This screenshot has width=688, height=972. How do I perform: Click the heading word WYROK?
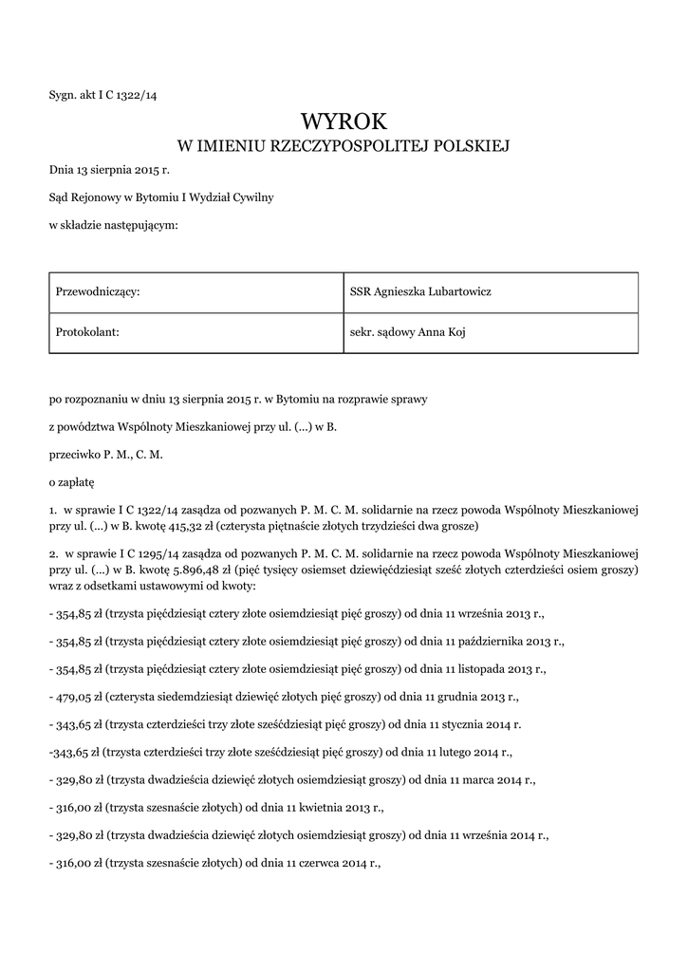point(344,121)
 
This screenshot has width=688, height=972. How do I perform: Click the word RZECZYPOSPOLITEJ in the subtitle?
point(344,146)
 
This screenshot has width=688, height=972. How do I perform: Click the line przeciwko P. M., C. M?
point(106,455)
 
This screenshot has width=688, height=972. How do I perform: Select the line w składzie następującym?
point(113,225)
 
